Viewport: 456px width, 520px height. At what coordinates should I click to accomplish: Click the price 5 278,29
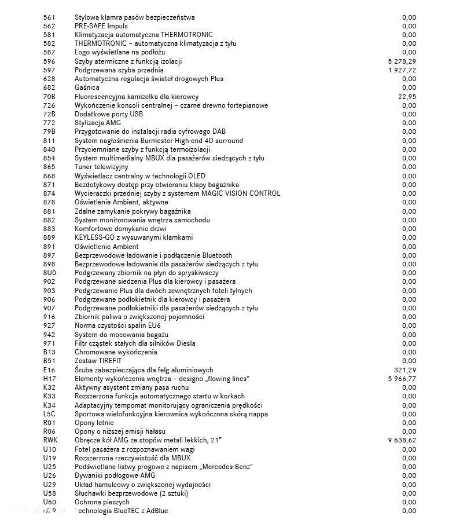tap(402, 61)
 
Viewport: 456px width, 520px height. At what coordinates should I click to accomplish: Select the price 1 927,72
tap(402, 70)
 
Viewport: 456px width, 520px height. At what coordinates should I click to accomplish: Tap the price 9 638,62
tap(402, 440)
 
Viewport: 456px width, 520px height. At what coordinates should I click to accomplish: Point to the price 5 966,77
tap(402, 379)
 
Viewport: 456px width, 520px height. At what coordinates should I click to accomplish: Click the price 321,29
tap(405, 369)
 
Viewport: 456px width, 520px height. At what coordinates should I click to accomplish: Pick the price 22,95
tap(407, 96)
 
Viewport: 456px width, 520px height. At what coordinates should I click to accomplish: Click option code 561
tap(49, 17)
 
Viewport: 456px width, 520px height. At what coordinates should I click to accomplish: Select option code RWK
tap(50, 440)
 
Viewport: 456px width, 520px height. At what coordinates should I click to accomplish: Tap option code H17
tap(49, 379)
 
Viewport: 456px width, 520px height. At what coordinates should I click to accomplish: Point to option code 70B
tap(50, 96)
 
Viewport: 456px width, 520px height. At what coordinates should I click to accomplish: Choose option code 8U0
tap(50, 273)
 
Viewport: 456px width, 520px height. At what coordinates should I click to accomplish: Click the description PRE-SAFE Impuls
tap(101, 26)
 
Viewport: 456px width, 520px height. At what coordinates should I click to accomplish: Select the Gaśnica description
tap(87, 87)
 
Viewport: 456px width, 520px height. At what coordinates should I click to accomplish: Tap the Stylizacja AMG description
tap(98, 123)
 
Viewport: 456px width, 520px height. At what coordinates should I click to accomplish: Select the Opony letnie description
tap(94, 423)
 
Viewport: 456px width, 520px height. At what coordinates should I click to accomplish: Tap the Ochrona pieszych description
tap(102, 502)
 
